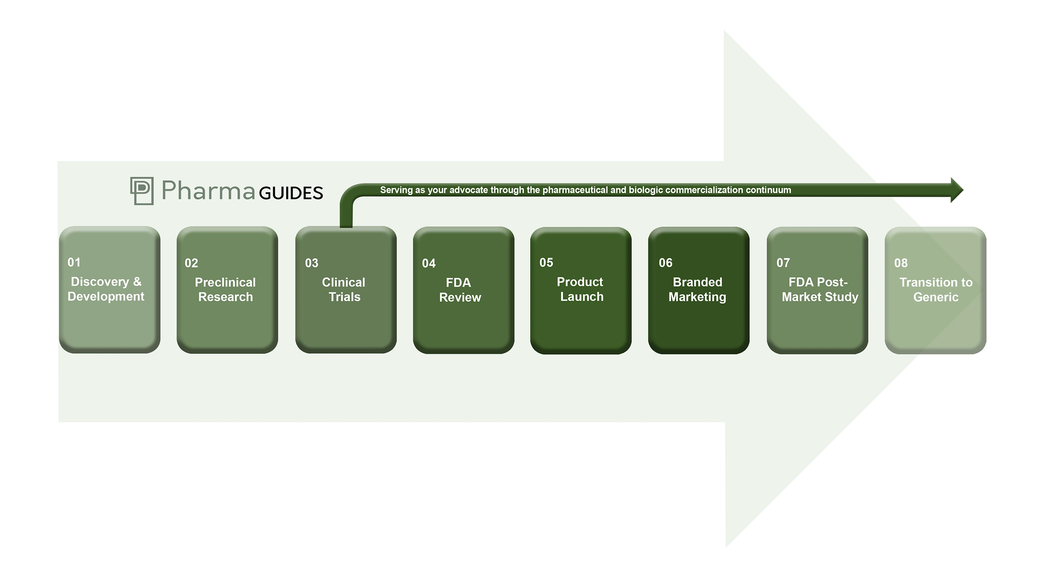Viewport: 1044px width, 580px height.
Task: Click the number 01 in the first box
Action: click(74, 262)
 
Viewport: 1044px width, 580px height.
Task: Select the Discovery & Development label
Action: click(106, 289)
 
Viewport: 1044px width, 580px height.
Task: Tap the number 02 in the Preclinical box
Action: click(191, 263)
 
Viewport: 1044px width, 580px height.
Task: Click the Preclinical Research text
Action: click(225, 289)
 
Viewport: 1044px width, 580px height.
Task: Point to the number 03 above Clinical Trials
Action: click(311, 263)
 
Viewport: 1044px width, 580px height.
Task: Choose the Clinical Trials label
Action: click(344, 289)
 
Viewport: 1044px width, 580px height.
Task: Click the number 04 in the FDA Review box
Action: click(428, 263)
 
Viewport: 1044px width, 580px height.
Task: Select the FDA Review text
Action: click(460, 290)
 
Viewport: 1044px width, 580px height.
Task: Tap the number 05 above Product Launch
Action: click(546, 262)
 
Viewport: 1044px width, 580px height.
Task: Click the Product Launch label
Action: click(581, 289)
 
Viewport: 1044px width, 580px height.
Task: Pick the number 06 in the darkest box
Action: click(666, 263)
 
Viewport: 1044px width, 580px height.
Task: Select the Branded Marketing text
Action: click(697, 289)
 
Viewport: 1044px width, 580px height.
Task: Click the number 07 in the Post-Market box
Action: click(783, 263)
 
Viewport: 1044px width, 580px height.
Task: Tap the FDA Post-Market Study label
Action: click(820, 289)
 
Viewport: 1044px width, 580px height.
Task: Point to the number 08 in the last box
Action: click(901, 263)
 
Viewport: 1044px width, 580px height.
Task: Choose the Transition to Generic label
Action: click(936, 289)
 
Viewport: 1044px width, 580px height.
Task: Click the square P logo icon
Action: click(142, 191)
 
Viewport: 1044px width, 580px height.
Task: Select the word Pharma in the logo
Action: click(208, 191)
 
